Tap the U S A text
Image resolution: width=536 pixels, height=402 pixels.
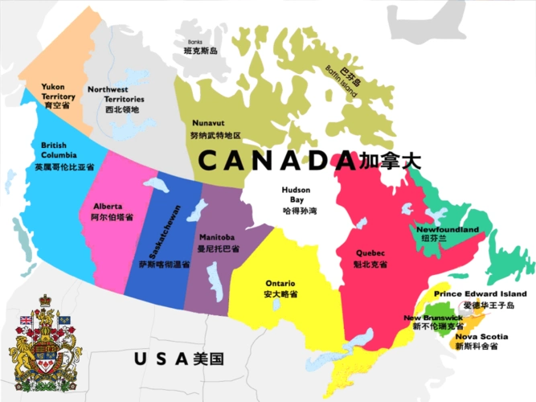tap(161, 358)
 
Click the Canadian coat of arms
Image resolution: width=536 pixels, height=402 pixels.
tap(45, 343)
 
